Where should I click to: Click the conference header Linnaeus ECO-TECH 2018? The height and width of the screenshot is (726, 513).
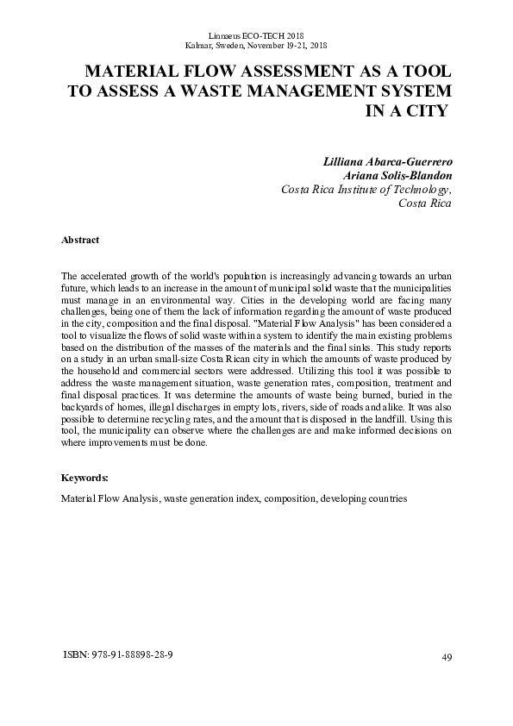[256, 33]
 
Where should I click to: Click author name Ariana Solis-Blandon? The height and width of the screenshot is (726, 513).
[397, 176]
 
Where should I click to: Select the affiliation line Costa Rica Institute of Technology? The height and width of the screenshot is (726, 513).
[366, 190]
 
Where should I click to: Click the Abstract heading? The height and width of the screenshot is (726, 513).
[80, 240]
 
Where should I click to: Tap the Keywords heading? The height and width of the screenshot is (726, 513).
[85, 478]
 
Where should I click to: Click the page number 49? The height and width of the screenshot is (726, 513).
[446, 658]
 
